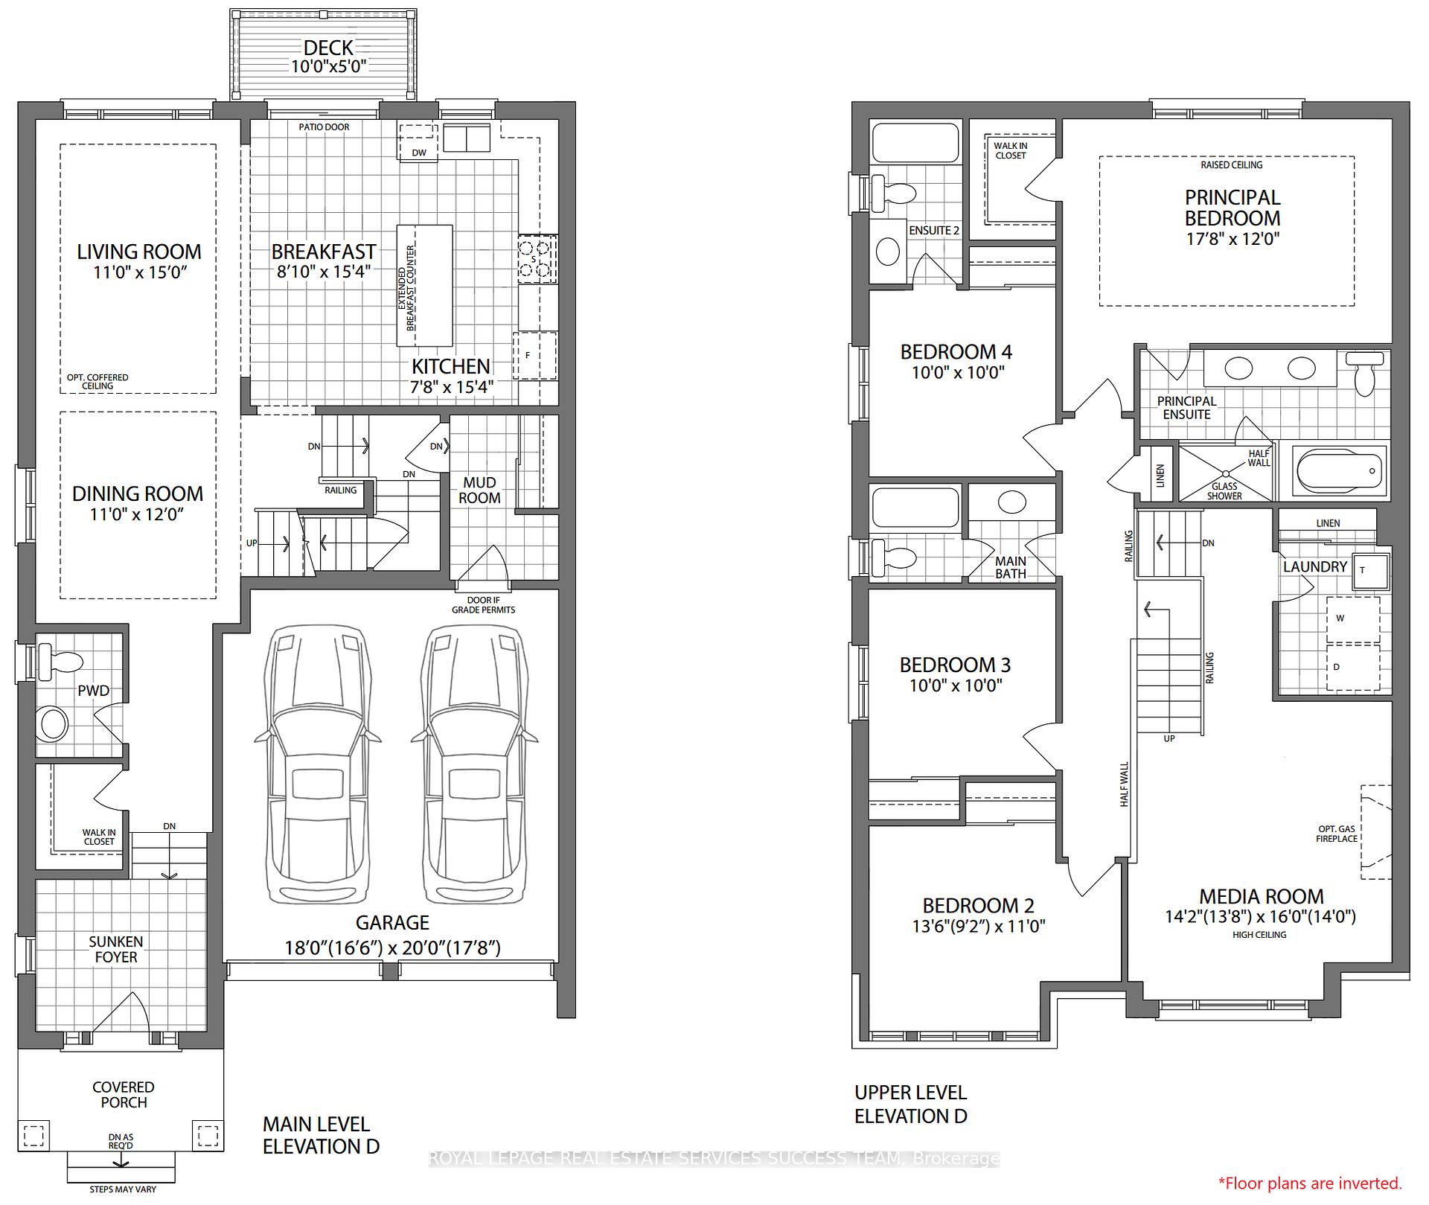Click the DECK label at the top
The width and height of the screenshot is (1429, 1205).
click(x=328, y=48)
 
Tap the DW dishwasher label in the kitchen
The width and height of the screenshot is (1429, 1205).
click(x=419, y=153)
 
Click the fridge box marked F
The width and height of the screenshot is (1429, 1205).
click(x=535, y=356)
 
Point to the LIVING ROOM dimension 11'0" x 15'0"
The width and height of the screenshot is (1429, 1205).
click(x=139, y=272)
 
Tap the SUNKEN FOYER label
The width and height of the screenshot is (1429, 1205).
click(x=116, y=949)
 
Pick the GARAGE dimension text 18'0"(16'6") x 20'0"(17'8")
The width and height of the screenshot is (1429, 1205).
click(x=392, y=947)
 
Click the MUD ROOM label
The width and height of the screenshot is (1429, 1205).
click(x=479, y=490)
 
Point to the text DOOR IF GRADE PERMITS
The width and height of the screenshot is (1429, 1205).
click(x=483, y=604)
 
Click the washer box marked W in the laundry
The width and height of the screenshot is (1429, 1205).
click(x=1353, y=619)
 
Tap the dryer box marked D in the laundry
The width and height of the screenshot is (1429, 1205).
click(x=1353, y=668)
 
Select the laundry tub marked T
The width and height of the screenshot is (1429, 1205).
click(x=1370, y=571)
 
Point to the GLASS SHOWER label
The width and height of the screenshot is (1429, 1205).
click(x=1224, y=491)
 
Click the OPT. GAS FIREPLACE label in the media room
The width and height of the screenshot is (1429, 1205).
click(x=1337, y=834)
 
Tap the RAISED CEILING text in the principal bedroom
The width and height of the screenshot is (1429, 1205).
click(x=1231, y=164)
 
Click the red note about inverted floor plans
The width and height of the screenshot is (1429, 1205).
click(x=1310, y=1183)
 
